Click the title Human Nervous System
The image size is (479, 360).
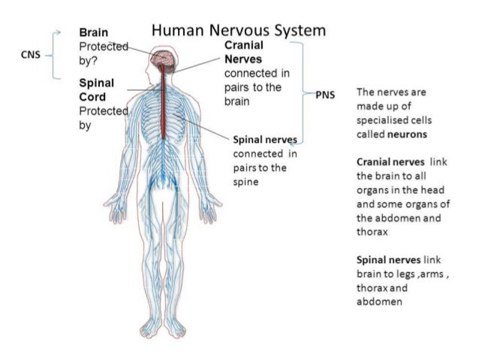[239, 31]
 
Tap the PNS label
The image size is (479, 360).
[324, 95]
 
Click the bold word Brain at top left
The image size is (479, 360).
[93, 33]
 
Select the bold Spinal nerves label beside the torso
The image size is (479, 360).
[265, 140]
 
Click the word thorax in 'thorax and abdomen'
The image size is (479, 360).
[372, 288]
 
